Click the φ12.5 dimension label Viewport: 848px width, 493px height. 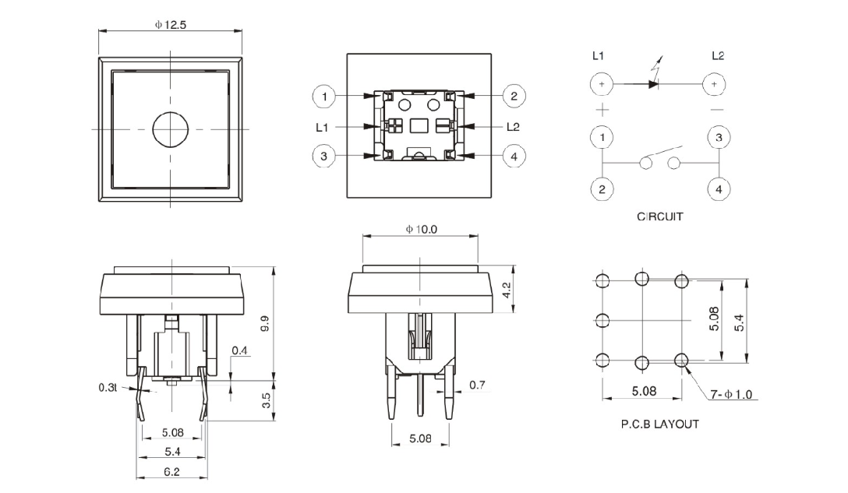pos(171,24)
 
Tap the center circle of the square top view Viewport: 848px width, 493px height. pos(170,129)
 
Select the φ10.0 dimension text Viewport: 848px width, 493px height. pos(421,229)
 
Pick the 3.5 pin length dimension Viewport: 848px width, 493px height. pos(266,402)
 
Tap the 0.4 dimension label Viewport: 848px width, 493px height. pos(239,351)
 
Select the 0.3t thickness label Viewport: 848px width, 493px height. pos(108,387)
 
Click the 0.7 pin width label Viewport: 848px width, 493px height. pos(477,385)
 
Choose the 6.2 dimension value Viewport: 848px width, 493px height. pos(171,471)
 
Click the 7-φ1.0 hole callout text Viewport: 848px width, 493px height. pos(731,395)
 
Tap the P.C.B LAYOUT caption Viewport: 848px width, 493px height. pos(659,424)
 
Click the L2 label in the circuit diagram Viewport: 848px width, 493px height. pos(718,56)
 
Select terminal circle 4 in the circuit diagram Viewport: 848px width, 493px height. pos(718,188)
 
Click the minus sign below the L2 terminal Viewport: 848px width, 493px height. pos(717,110)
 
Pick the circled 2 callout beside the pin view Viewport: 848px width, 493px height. pos(514,97)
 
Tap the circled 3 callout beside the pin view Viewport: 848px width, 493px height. pos(324,156)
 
